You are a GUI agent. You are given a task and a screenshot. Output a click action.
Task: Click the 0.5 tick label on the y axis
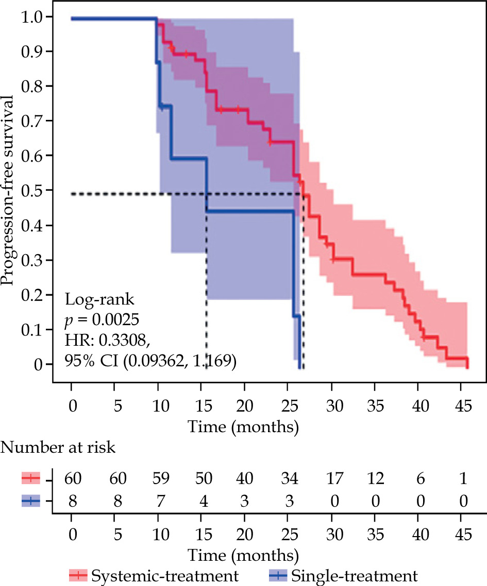pyautogui.click(x=32, y=190)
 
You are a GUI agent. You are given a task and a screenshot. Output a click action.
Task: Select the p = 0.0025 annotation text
pyautogui.click(x=102, y=320)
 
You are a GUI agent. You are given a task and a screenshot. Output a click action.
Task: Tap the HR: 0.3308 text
pyautogui.click(x=107, y=341)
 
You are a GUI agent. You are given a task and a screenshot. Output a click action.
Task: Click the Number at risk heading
pyautogui.click(x=59, y=448)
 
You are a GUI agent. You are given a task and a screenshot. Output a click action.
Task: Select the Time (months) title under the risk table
pyautogui.click(x=243, y=556)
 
